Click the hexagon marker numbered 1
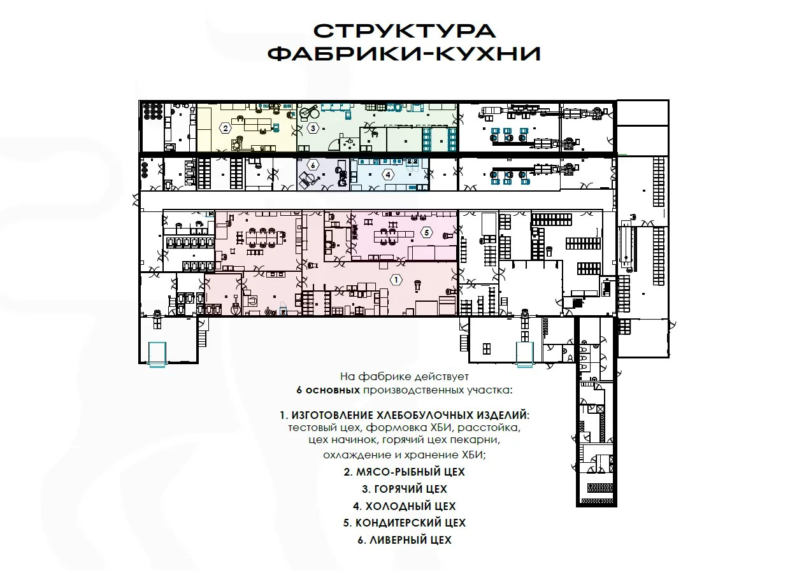tap(396, 279)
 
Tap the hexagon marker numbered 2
tap(226, 128)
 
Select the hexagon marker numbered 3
tap(313, 128)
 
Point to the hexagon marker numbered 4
tap(388, 174)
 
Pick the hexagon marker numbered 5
tap(427, 232)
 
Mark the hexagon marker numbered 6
tap(313, 166)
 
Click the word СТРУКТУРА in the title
tap(405, 31)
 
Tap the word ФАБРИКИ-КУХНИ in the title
tap(405, 54)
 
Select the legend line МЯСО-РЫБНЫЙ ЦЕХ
tap(405, 472)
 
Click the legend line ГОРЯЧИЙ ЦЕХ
tap(405, 489)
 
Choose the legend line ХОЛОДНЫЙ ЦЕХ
tap(405, 506)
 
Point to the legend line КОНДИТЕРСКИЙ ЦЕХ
tap(405, 523)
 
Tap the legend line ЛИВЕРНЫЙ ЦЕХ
tap(405, 541)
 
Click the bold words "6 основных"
tap(328, 390)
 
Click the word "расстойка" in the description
tap(489, 428)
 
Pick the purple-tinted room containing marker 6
tap(323, 174)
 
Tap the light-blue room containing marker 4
tap(389, 174)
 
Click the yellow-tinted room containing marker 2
tap(247, 127)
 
